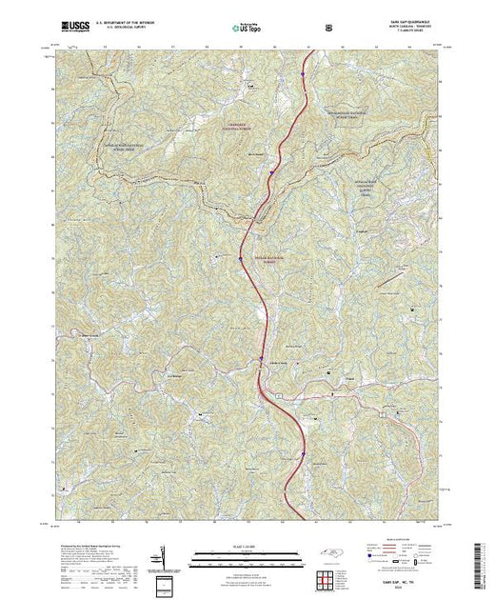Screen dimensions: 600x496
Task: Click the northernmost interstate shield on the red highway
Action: (x=301, y=70)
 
